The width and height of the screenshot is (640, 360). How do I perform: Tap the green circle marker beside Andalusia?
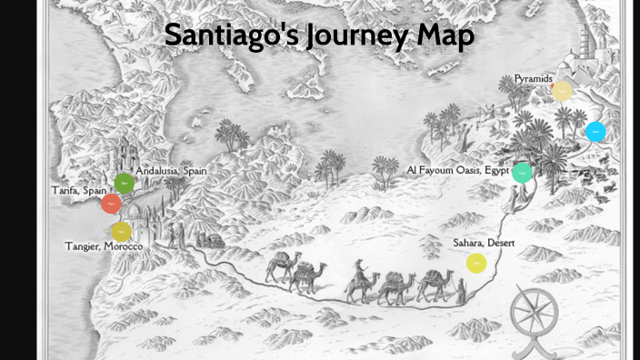[124, 183]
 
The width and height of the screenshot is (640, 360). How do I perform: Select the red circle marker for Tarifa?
[111, 204]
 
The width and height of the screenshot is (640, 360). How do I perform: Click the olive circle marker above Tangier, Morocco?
[121, 232]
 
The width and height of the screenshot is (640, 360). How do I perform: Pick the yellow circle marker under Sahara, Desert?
[476, 264]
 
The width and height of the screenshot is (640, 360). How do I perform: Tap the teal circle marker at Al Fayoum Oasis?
[522, 172]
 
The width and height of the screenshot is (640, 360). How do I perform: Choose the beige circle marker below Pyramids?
[562, 91]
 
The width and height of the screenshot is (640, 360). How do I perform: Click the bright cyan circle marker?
[595, 132]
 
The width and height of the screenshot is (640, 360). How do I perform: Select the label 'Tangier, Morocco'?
[103, 246]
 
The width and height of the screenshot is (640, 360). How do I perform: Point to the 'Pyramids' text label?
[533, 79]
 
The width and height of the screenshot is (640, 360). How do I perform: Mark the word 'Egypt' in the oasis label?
[496, 170]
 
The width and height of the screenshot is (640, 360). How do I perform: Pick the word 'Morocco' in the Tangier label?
[123, 246]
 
